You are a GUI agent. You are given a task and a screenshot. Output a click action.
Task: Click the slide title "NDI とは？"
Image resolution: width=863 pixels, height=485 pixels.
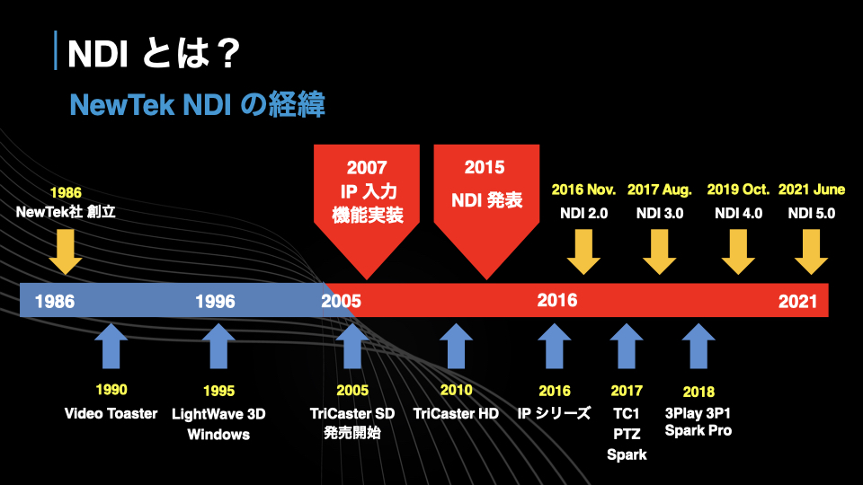tap(154, 53)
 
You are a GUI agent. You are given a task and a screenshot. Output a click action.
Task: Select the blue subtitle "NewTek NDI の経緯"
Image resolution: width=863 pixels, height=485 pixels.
tap(197, 104)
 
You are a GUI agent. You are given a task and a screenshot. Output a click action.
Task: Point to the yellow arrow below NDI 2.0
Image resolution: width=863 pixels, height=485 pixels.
tap(583, 251)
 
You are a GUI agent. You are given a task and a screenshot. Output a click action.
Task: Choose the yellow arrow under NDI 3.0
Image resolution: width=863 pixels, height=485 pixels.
tap(659, 251)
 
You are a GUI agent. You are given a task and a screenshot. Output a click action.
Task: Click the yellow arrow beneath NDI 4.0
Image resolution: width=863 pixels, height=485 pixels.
tap(738, 251)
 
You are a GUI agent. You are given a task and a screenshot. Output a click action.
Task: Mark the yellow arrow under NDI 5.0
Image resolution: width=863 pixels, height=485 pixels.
tap(811, 251)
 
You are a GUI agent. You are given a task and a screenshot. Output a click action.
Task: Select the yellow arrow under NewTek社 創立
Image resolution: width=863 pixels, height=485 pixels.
tap(66, 251)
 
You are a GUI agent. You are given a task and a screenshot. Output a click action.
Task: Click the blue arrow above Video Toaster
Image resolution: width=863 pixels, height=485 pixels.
tap(111, 346)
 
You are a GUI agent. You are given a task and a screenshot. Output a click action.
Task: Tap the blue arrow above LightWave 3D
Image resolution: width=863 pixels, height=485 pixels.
tap(218, 346)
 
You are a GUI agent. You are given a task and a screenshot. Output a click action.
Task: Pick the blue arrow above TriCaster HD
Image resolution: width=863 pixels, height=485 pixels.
tap(457, 346)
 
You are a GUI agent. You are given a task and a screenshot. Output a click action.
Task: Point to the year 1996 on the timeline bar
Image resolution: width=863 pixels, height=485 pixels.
tap(215, 302)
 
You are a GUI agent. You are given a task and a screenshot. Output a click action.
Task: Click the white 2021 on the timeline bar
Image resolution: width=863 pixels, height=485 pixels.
tap(797, 302)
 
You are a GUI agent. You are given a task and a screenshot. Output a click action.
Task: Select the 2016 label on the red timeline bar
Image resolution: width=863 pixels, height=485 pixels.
tap(557, 300)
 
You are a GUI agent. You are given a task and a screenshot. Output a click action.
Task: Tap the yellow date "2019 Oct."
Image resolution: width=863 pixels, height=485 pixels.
tap(738, 190)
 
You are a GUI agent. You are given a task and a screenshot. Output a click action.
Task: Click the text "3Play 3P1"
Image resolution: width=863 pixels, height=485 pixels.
tap(698, 413)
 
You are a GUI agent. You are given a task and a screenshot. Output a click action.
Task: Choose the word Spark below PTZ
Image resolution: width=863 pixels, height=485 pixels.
tap(627, 454)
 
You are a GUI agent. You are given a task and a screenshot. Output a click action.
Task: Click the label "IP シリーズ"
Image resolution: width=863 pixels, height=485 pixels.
tap(554, 413)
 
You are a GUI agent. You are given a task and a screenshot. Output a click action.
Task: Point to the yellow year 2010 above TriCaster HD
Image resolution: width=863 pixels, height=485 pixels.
tap(457, 390)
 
